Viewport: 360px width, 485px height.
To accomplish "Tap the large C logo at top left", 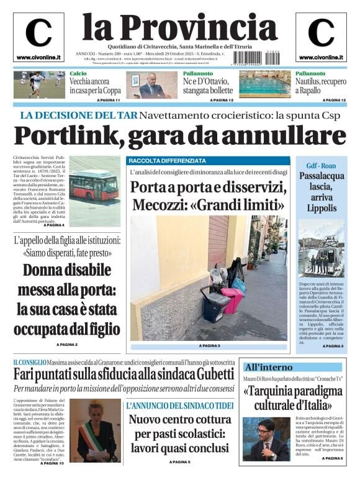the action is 38,33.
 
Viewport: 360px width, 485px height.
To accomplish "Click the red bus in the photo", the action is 94,186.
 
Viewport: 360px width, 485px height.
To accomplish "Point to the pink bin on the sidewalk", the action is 233,301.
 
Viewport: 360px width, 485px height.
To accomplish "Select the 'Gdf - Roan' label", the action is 320,166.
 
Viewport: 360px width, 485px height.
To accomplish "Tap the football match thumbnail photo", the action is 38,84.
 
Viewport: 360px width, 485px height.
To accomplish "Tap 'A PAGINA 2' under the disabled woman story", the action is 67,344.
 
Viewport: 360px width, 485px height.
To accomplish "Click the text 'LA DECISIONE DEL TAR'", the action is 78,115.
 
